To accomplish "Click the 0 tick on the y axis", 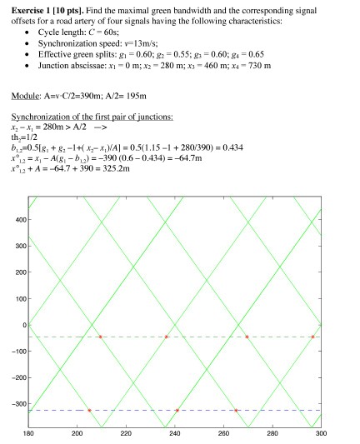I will tap(22, 326).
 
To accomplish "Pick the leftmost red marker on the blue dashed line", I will tap(89, 410).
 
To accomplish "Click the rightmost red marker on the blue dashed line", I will tap(236, 410).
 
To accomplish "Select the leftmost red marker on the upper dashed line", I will tap(100, 337).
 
